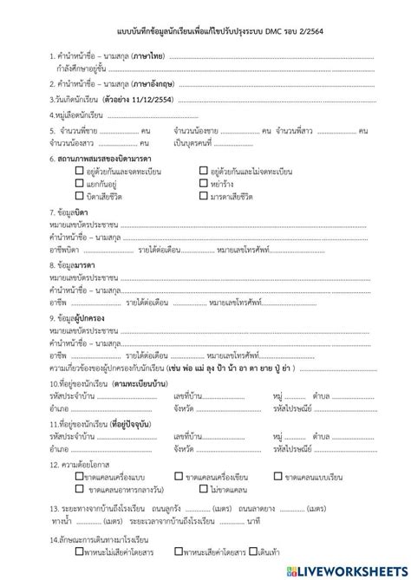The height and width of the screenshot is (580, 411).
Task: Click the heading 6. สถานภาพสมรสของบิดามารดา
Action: (101, 160)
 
